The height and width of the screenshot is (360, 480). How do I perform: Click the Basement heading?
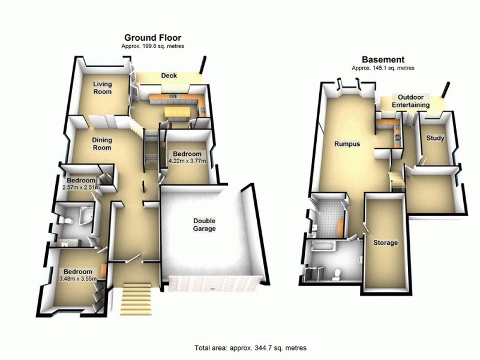click(382, 60)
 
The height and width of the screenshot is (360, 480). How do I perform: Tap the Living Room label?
click(102, 89)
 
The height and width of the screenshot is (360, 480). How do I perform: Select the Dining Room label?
click(102, 144)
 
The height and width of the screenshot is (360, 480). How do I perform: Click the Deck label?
click(167, 76)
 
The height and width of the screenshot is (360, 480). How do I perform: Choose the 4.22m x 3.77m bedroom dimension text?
click(186, 161)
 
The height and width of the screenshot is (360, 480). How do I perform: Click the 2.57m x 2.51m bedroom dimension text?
click(81, 188)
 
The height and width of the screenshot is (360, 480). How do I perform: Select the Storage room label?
click(385, 243)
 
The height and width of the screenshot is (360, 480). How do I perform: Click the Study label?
click(434, 139)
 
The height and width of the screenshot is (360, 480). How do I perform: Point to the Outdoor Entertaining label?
click(411, 101)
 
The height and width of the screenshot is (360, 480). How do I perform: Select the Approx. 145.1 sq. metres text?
click(383, 68)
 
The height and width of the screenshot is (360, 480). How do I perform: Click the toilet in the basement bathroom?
click(337, 274)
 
